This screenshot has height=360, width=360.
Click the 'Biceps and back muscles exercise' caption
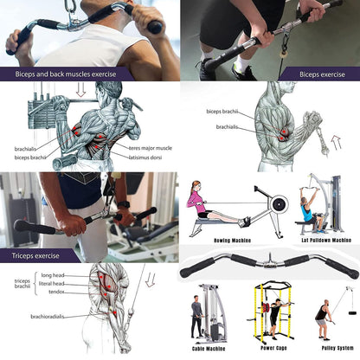tap(67, 74)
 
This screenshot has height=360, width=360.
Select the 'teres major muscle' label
tap(145, 148)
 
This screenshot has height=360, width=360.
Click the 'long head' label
tap(53, 275)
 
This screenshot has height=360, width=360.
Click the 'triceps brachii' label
tap(23, 285)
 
